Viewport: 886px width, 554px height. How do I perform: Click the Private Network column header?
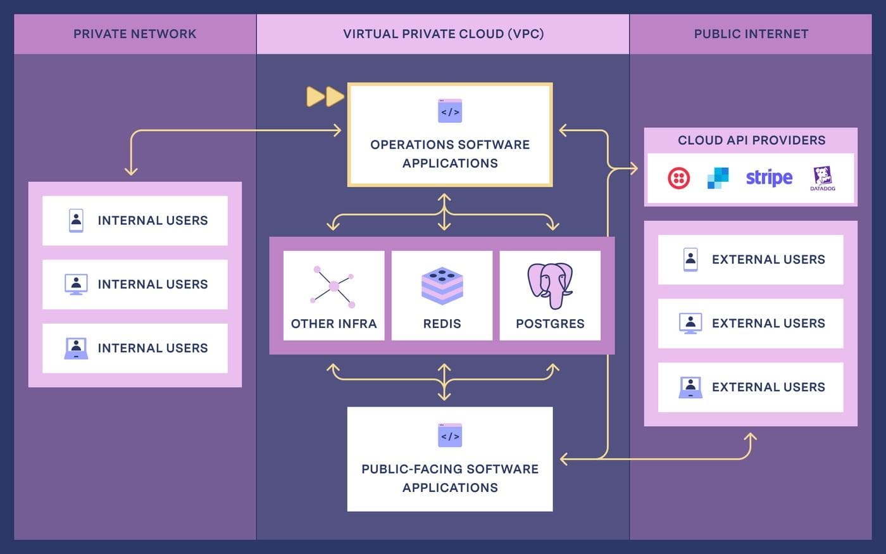coord(135,34)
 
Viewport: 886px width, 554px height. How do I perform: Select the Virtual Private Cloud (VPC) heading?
coord(443,34)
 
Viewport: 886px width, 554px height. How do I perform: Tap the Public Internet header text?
coord(751,34)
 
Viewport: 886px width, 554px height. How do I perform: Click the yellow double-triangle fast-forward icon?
coord(325,96)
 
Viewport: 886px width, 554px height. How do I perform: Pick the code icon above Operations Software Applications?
coord(450,111)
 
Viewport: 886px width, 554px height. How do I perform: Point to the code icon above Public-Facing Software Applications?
coord(450,436)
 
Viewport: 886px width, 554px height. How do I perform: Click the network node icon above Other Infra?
coord(333,286)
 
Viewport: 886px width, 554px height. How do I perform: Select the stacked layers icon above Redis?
coord(442,286)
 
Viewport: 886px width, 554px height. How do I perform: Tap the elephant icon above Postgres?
coord(550,286)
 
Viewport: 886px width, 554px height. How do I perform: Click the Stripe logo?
coord(769,178)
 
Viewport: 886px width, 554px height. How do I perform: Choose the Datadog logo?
coord(823,179)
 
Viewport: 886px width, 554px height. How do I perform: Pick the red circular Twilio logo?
coord(679,178)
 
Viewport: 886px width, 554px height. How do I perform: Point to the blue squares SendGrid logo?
coord(718,178)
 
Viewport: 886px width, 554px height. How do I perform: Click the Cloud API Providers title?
coord(751,141)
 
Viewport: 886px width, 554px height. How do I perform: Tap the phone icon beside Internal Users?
coord(76,220)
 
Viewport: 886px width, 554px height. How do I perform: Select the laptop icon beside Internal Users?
coord(76,348)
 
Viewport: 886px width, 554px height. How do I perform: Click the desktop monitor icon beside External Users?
coord(690,323)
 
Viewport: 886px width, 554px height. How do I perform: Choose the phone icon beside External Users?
coord(690,259)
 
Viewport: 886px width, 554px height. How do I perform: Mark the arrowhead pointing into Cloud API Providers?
coord(633,168)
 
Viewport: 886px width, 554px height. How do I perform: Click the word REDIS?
coord(442,324)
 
